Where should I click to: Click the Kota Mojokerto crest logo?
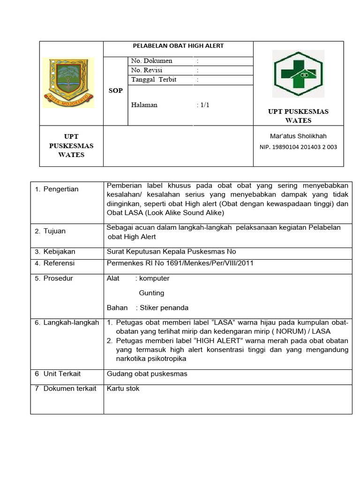coord(68,82)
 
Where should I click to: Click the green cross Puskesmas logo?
coord(298,74)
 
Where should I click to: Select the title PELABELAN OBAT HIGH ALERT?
coord(179,46)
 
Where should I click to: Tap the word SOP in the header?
coord(115,90)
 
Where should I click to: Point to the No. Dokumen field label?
coord(152,61)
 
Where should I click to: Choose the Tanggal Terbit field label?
coord(154,80)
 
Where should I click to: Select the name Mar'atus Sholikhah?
coord(298,136)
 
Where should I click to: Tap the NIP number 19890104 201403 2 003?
coord(298,147)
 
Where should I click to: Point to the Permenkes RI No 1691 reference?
coord(180,263)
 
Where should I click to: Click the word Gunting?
coord(151,293)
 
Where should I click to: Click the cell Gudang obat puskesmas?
coord(147,374)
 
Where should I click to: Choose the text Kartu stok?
coord(123,389)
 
